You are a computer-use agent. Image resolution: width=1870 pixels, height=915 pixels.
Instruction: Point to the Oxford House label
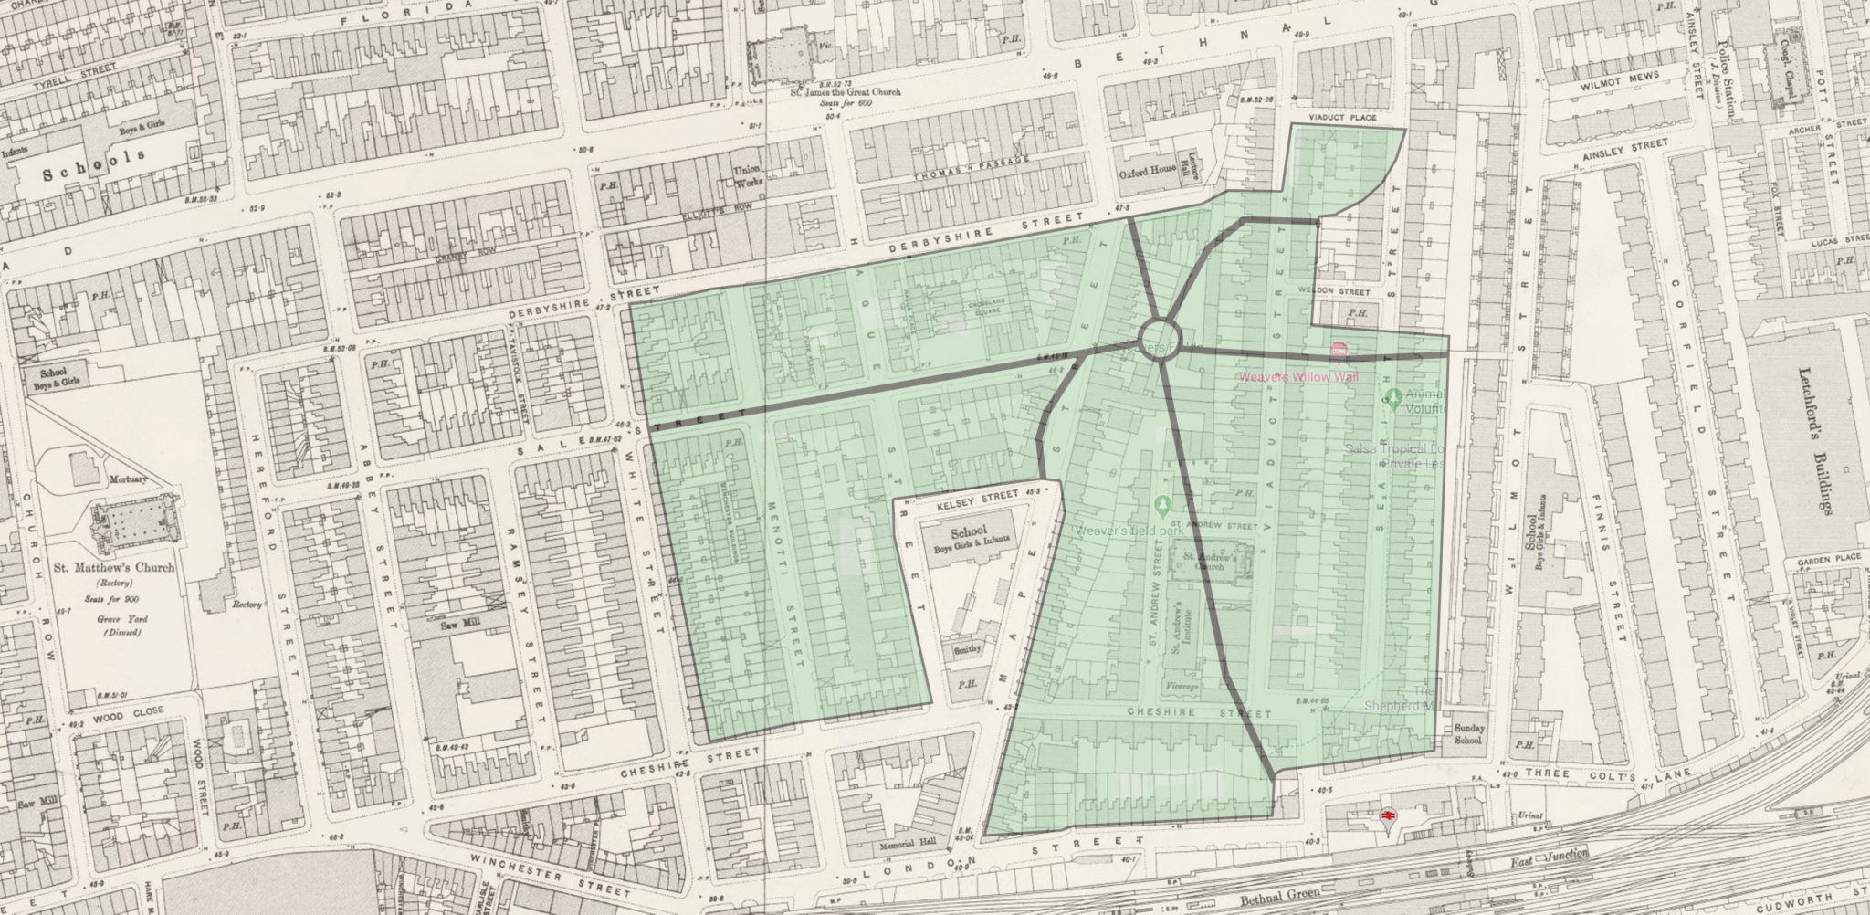(1147, 173)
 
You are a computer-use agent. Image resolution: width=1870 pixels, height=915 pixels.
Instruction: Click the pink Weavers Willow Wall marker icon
(1339, 350)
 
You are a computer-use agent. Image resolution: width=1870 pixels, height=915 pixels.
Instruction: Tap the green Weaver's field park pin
(1161, 503)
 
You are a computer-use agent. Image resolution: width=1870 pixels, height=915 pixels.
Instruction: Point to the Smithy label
(970, 649)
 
